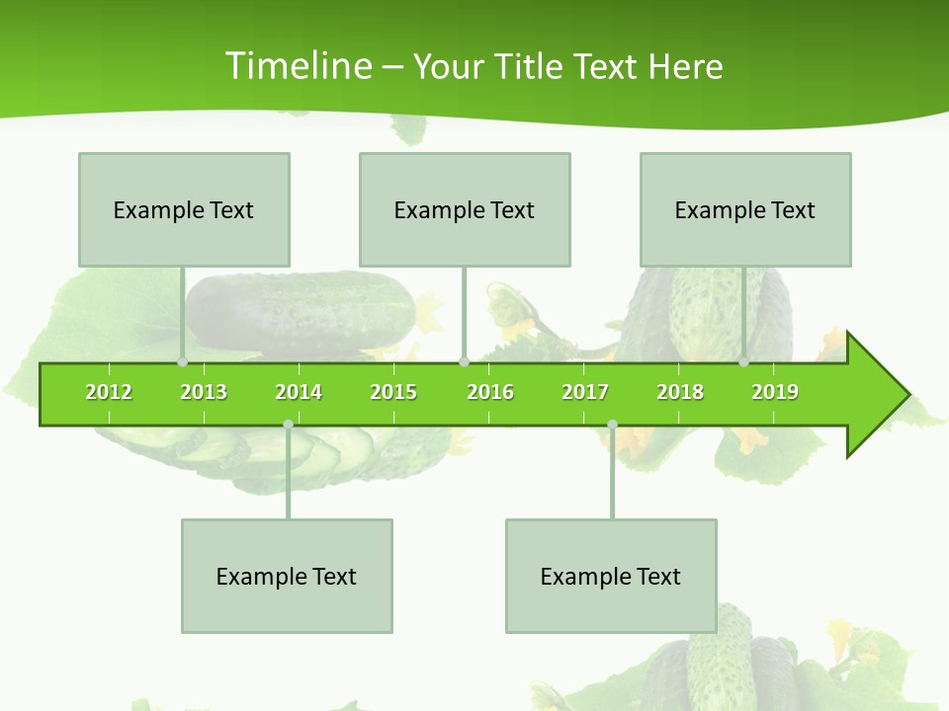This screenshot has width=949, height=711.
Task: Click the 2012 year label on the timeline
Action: tap(109, 392)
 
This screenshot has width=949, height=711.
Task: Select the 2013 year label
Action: tap(204, 392)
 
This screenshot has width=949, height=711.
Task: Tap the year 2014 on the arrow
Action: tap(299, 392)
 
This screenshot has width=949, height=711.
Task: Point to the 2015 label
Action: tap(393, 392)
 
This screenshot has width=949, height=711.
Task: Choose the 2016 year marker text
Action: tap(490, 392)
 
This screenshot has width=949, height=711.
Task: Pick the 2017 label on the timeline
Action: tap(585, 392)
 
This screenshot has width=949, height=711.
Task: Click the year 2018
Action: tap(680, 392)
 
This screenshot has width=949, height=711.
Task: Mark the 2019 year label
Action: tap(775, 392)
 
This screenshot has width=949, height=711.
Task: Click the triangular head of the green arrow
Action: tap(876, 395)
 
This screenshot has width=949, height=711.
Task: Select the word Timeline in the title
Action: tap(298, 66)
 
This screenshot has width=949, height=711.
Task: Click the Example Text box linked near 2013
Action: tap(184, 209)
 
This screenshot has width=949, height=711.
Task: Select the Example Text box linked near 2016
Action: tap(465, 209)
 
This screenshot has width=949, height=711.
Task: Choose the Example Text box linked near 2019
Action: tap(745, 209)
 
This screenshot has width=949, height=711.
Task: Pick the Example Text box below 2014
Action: tap(287, 576)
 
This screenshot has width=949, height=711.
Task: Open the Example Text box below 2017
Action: tap(611, 576)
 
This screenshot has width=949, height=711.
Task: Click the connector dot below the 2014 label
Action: tap(288, 425)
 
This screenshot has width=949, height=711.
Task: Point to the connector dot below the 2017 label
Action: tap(612, 425)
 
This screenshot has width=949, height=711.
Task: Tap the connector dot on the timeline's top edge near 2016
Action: tap(464, 362)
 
